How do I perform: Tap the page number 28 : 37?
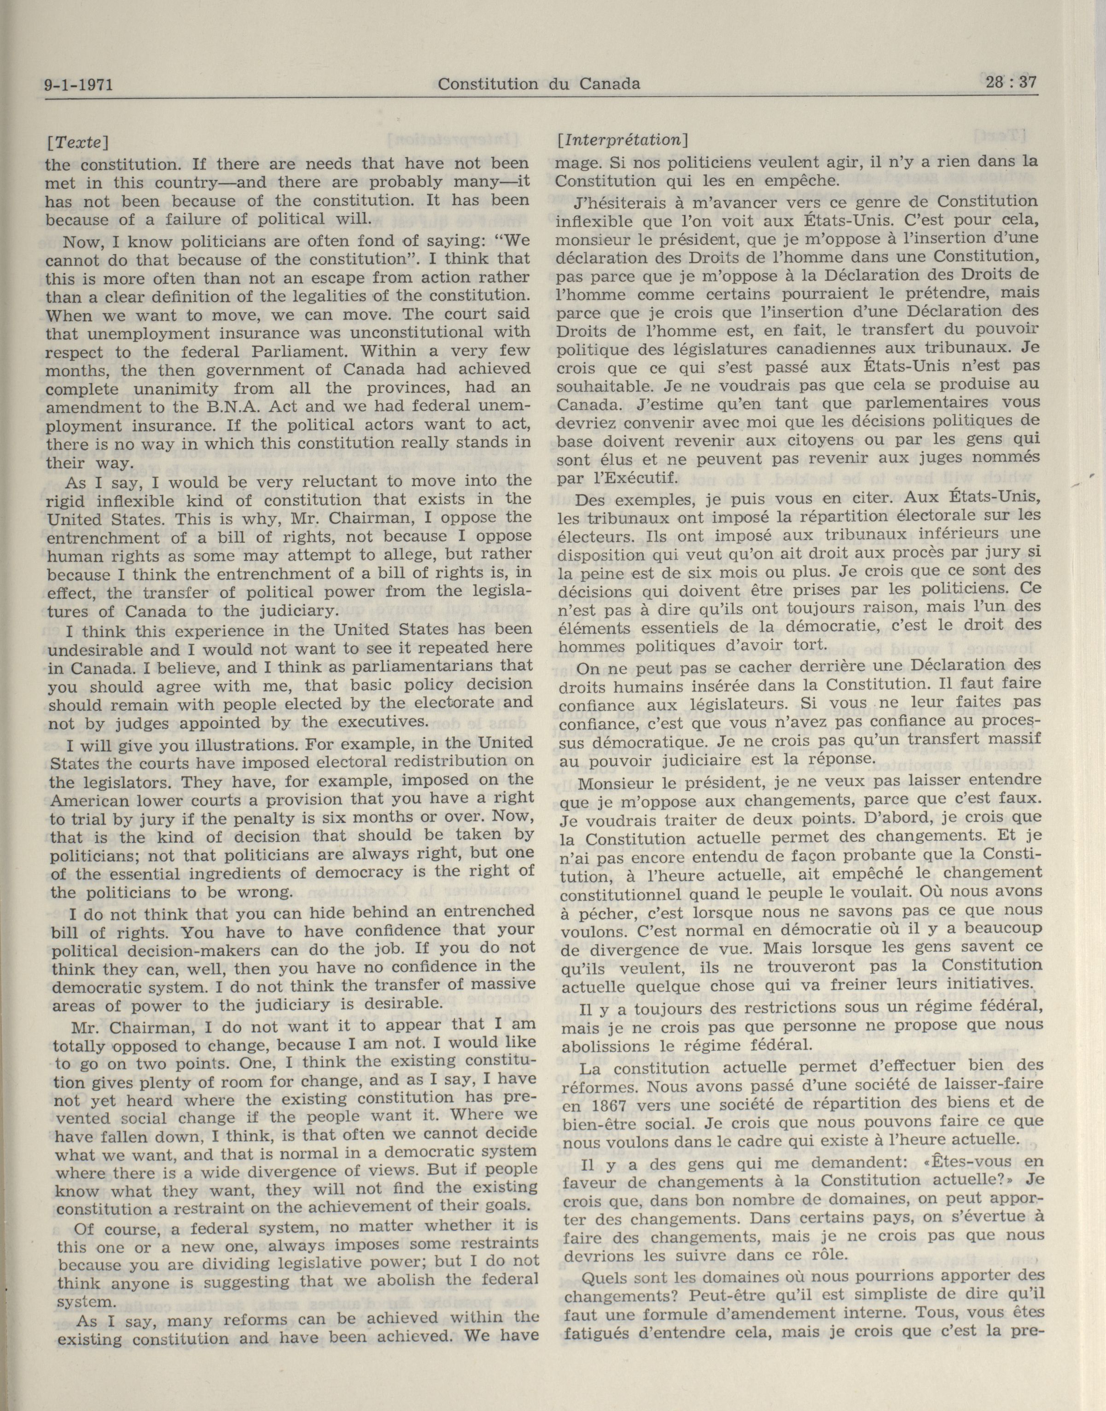(x=1011, y=83)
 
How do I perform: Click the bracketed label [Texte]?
(x=76, y=142)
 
